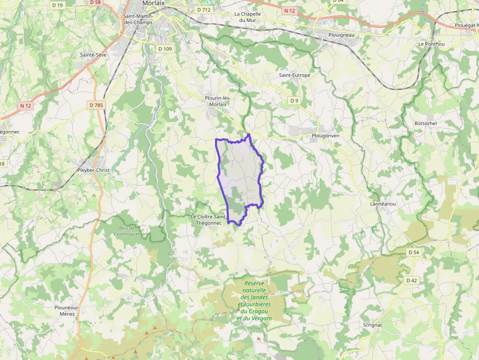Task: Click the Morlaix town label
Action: coord(153,3)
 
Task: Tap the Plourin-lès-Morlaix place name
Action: coord(218,101)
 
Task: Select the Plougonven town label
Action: coord(325,135)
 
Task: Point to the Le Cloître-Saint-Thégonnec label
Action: coord(209,220)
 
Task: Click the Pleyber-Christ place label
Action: coord(93,170)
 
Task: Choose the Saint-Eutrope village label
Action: coord(294,75)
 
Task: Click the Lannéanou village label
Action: coord(382,204)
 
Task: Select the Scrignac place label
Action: coord(373,325)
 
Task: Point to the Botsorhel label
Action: coord(425,123)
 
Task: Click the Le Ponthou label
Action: coord(431,43)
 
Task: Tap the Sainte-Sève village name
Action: coord(93,55)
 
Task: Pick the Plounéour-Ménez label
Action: coord(67,310)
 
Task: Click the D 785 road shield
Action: coord(97,105)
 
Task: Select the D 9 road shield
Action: coord(294,101)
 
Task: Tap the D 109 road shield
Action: coord(165,49)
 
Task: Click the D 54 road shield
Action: coord(413,252)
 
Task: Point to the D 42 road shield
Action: coord(411,280)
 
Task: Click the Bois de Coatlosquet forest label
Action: coord(127,231)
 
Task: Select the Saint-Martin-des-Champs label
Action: coord(138,19)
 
